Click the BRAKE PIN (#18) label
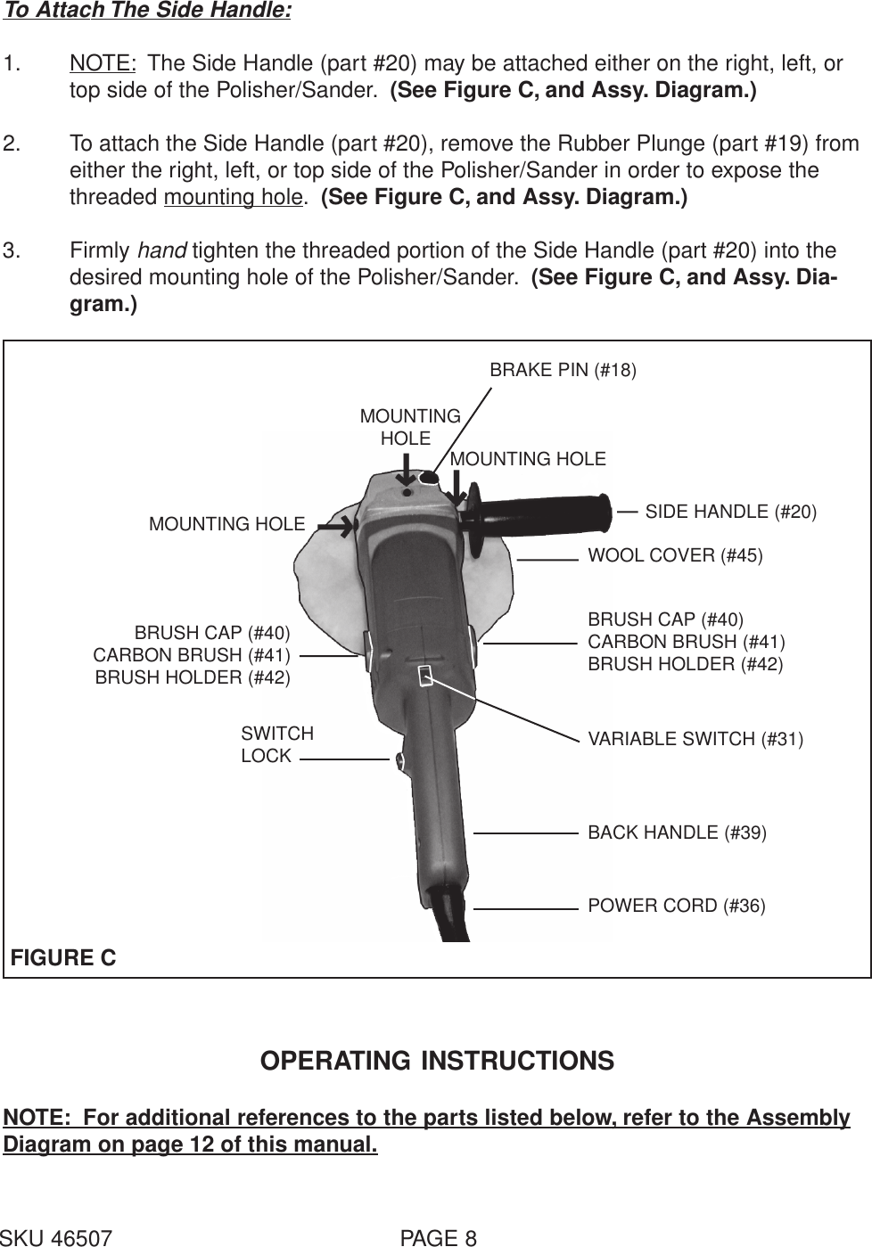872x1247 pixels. tap(563, 370)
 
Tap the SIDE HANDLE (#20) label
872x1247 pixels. tap(730, 512)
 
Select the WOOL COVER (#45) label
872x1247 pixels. tap(675, 556)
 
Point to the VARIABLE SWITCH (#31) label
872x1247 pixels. tap(695, 739)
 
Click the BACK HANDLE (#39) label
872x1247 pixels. tap(677, 833)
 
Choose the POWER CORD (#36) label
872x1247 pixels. tap(676, 907)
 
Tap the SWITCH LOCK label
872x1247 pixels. tap(276, 744)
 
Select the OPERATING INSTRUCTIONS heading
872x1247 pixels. tap(436, 1061)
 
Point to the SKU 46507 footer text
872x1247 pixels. tap(57, 1237)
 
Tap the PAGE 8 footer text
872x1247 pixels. tap(439, 1237)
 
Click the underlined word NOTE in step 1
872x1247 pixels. tap(103, 64)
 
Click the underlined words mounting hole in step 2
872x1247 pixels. tap(234, 197)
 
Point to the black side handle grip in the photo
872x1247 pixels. tap(544, 515)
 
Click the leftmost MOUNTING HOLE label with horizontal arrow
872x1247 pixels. tap(226, 524)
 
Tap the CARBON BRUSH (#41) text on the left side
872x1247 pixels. tap(192, 655)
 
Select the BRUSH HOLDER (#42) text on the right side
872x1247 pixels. tap(685, 664)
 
